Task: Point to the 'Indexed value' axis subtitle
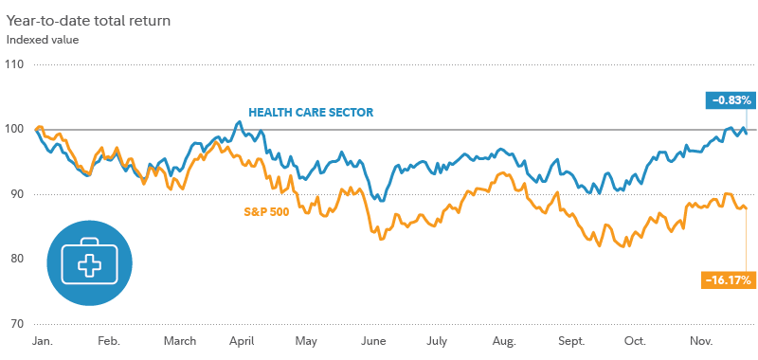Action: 43,40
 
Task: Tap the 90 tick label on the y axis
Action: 15,194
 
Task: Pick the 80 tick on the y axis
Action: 15,259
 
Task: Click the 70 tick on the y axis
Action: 15,323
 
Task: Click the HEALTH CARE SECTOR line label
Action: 311,112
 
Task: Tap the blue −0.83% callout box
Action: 728,99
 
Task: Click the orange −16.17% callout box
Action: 727,279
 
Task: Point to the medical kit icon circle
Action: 91,263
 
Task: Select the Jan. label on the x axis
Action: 43,340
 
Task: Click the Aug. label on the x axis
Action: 504,340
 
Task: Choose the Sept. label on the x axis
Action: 570,340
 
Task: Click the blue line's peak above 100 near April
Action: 239,122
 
